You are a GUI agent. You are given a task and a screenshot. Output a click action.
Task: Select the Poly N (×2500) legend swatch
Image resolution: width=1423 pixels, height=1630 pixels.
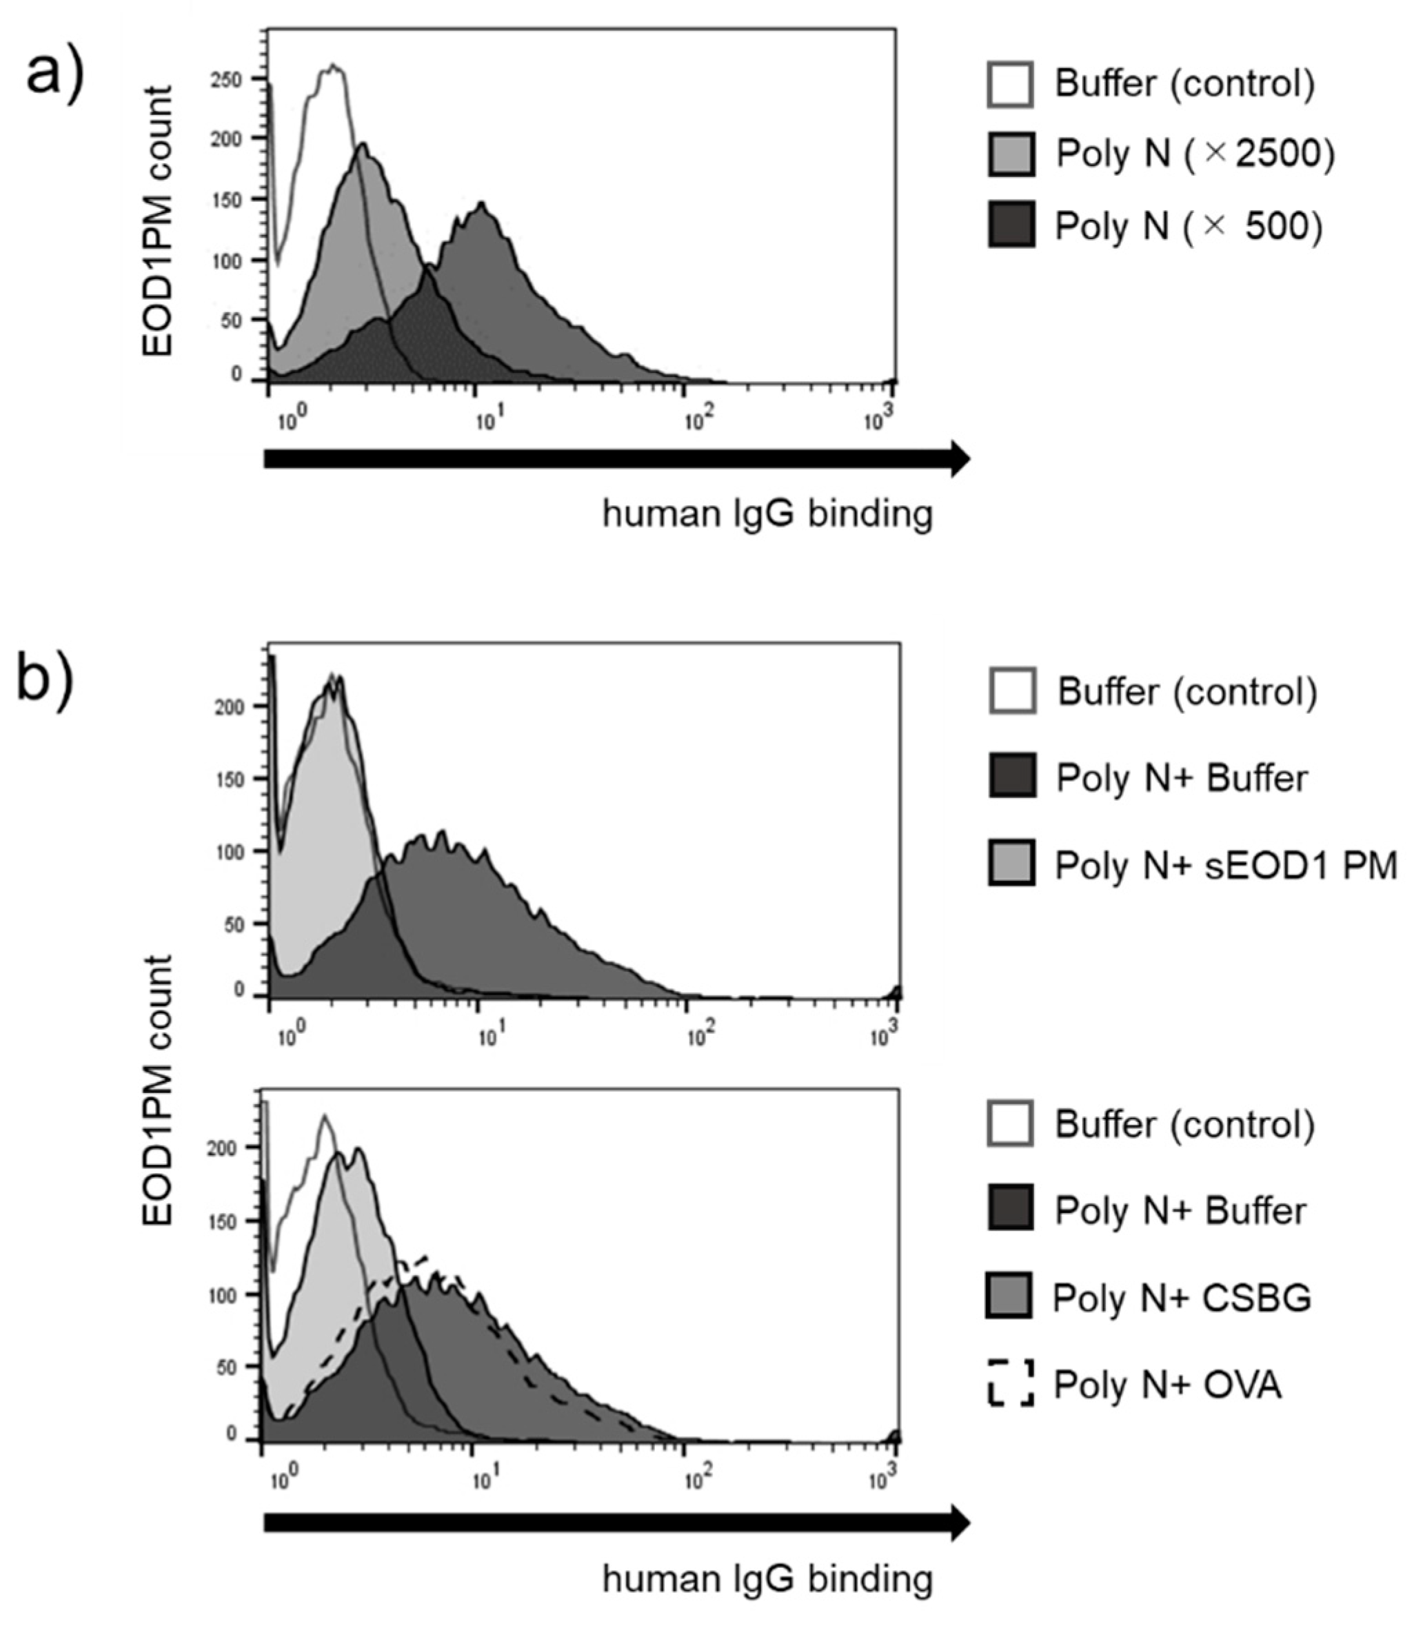pyautogui.click(x=1011, y=153)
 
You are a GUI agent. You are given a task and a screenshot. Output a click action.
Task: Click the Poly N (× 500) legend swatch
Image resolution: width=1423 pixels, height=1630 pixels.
pyautogui.click(x=1011, y=225)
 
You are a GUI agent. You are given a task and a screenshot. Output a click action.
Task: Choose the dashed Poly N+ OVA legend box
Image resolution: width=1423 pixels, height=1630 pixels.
pyautogui.click(x=1011, y=1383)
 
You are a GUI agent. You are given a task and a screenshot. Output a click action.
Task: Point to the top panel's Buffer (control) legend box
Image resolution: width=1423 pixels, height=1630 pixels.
pyautogui.click(x=1011, y=83)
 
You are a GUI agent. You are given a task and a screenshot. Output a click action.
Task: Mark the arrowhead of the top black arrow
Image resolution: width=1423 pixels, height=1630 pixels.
pyautogui.click(x=959, y=458)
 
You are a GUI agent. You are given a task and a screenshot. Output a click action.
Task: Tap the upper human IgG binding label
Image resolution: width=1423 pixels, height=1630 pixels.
pyautogui.click(x=767, y=513)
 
